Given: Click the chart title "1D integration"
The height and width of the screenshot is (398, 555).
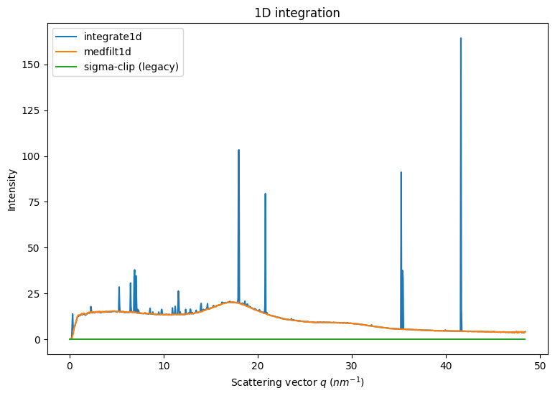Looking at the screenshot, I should tap(297, 13).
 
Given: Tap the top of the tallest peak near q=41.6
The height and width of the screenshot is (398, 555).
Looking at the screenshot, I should tap(461, 38).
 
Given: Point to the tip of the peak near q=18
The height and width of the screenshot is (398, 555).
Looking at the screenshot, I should tap(238, 150).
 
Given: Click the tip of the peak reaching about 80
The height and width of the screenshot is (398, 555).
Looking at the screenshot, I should tap(265, 194).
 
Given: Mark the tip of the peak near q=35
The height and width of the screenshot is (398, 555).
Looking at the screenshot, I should tap(401, 172).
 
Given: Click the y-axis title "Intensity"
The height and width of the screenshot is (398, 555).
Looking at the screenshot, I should tap(12, 189).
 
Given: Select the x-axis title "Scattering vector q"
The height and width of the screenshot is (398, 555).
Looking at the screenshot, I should tap(297, 383).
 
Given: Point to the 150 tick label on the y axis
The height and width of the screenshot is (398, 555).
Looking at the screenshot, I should tap(33, 65).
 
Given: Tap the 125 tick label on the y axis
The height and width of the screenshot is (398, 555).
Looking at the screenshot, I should tap(33, 110).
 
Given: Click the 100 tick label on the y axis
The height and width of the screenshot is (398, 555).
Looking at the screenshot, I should tap(33, 156).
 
